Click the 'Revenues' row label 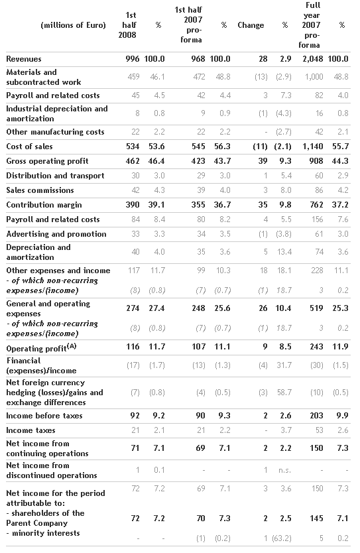pyautogui.click(x=24, y=59)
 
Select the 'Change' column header pyautogui.click(x=251, y=25)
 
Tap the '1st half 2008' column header pyautogui.click(x=127, y=25)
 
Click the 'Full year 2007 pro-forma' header pyautogui.click(x=312, y=25)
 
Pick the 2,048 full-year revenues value pyautogui.click(x=313, y=59)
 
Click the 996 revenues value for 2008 pyautogui.click(x=133, y=59)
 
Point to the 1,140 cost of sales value pyautogui.click(x=313, y=147)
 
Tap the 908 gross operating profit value pyautogui.click(x=316, y=161)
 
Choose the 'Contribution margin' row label pyautogui.click(x=44, y=205)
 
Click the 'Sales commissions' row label pyautogui.click(x=40, y=190)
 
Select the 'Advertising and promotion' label pyautogui.click(x=56, y=234)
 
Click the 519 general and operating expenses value pyautogui.click(x=316, y=308)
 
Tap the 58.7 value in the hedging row pyautogui.click(x=284, y=393)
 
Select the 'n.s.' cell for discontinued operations pyautogui.click(x=284, y=470)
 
